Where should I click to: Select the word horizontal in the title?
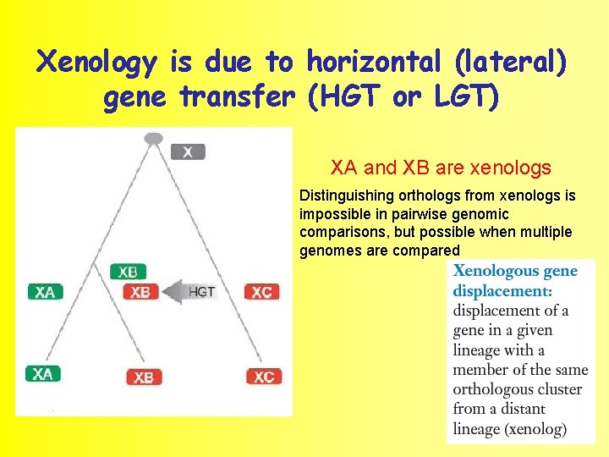pos(374,62)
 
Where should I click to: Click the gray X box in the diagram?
pos(187,152)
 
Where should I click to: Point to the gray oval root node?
pos(153,138)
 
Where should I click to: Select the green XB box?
pos(128,272)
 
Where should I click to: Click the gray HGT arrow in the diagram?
pos(189,292)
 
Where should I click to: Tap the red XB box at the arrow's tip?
pos(140,292)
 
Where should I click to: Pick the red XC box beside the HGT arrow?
pos(261,292)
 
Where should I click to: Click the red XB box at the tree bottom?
pos(143,377)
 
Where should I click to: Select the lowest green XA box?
pos(42,373)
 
